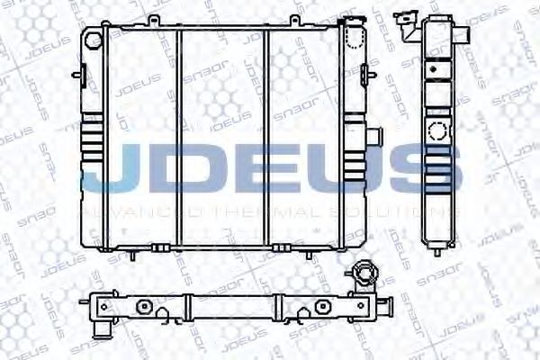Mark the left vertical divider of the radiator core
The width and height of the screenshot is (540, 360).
pos(180,135)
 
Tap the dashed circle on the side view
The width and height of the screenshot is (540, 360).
pos(438,130)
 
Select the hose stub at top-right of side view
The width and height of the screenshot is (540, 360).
pos(465,34)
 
